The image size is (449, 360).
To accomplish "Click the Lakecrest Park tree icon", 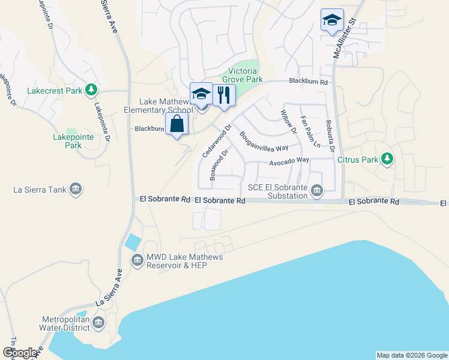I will pos(91,90).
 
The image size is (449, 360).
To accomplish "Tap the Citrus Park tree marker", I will pos(388,158).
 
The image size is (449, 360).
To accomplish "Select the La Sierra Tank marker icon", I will pos(76,190).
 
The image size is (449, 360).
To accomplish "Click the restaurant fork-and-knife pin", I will pos(224,94).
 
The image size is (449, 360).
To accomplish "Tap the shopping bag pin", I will pos(176,124).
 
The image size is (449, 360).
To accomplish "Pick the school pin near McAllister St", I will pos(332,20).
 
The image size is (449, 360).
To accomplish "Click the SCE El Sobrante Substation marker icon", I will pos(316,190).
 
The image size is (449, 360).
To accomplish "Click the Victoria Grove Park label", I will pos(243,74).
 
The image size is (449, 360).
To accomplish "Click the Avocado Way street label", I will pos(289,160).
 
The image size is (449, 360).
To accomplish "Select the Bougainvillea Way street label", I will pos(265,142).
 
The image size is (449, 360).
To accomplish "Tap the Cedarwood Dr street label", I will pos(217,142).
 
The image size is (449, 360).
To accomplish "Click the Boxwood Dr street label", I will pos(220,165).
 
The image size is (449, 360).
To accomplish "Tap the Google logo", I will pos(19,353).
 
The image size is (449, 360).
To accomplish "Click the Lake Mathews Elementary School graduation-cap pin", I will pos(202,94).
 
